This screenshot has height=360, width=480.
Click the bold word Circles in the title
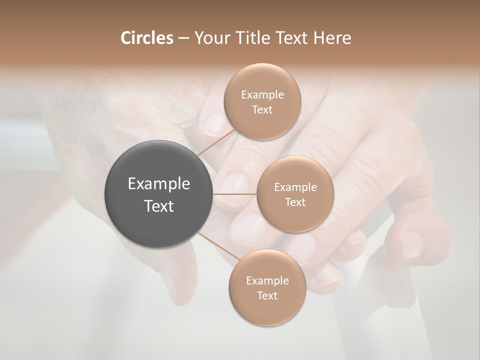[x=147, y=38]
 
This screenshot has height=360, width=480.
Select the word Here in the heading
[x=332, y=38]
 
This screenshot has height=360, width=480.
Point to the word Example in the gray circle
[x=159, y=184]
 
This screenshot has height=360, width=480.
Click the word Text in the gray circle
[x=159, y=206]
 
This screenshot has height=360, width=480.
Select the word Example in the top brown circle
[x=262, y=95]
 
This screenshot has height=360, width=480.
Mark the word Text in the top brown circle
[x=262, y=110]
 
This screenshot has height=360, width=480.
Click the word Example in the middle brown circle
[x=295, y=187]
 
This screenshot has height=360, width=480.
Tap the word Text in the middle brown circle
[x=295, y=202]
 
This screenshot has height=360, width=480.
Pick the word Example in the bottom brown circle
[x=267, y=281]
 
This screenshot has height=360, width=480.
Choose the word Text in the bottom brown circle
[x=267, y=296]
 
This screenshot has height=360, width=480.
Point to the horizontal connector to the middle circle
[x=235, y=193]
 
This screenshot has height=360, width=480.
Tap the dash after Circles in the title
[x=183, y=38]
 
